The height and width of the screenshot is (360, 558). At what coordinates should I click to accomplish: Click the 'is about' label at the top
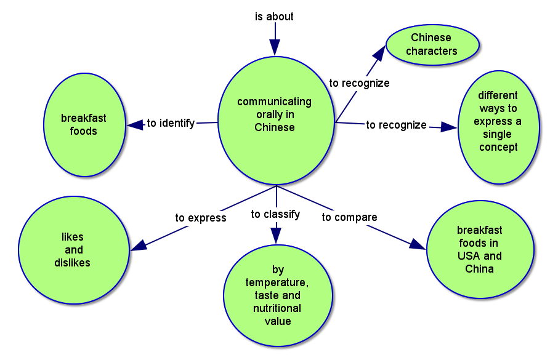274,17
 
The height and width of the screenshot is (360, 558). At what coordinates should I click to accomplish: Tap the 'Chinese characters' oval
432,44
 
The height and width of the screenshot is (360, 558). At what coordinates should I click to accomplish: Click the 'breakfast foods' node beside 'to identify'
84,124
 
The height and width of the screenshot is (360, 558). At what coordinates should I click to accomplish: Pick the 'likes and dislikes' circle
73,250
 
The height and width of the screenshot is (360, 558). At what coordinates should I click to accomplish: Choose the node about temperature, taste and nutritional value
277,295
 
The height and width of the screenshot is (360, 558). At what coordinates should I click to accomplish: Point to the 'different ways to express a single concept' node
498,127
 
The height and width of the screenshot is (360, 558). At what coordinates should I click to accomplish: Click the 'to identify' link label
171,123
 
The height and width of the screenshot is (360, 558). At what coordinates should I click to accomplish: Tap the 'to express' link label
201,218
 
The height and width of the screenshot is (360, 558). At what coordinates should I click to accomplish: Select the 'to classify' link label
276,214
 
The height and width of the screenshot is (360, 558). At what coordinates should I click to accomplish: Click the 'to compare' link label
349,217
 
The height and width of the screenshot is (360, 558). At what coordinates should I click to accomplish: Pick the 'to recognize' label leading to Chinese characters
359,83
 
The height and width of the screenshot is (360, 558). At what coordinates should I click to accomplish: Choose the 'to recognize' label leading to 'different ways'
396,125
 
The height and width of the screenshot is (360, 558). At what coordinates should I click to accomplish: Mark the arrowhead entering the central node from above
275,47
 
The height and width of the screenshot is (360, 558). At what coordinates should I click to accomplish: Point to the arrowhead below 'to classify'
276,234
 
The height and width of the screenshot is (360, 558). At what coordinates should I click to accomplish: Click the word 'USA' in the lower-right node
471,256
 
